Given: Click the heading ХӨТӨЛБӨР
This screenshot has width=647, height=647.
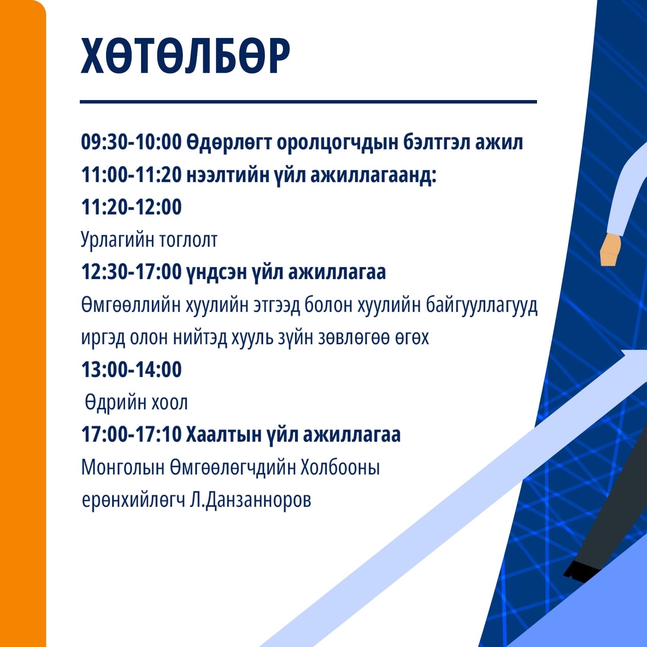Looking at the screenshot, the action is click(185, 56).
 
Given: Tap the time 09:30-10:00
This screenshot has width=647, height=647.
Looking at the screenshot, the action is click(132, 142).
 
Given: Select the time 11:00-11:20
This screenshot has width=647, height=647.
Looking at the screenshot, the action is click(132, 175).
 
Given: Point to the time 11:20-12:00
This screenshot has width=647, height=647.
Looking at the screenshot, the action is click(132, 207).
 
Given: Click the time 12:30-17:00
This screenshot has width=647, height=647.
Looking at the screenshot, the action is click(132, 272).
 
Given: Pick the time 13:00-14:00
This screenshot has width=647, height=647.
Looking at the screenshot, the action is click(132, 370).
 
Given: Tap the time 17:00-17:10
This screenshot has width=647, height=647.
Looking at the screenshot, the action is click(132, 434).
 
